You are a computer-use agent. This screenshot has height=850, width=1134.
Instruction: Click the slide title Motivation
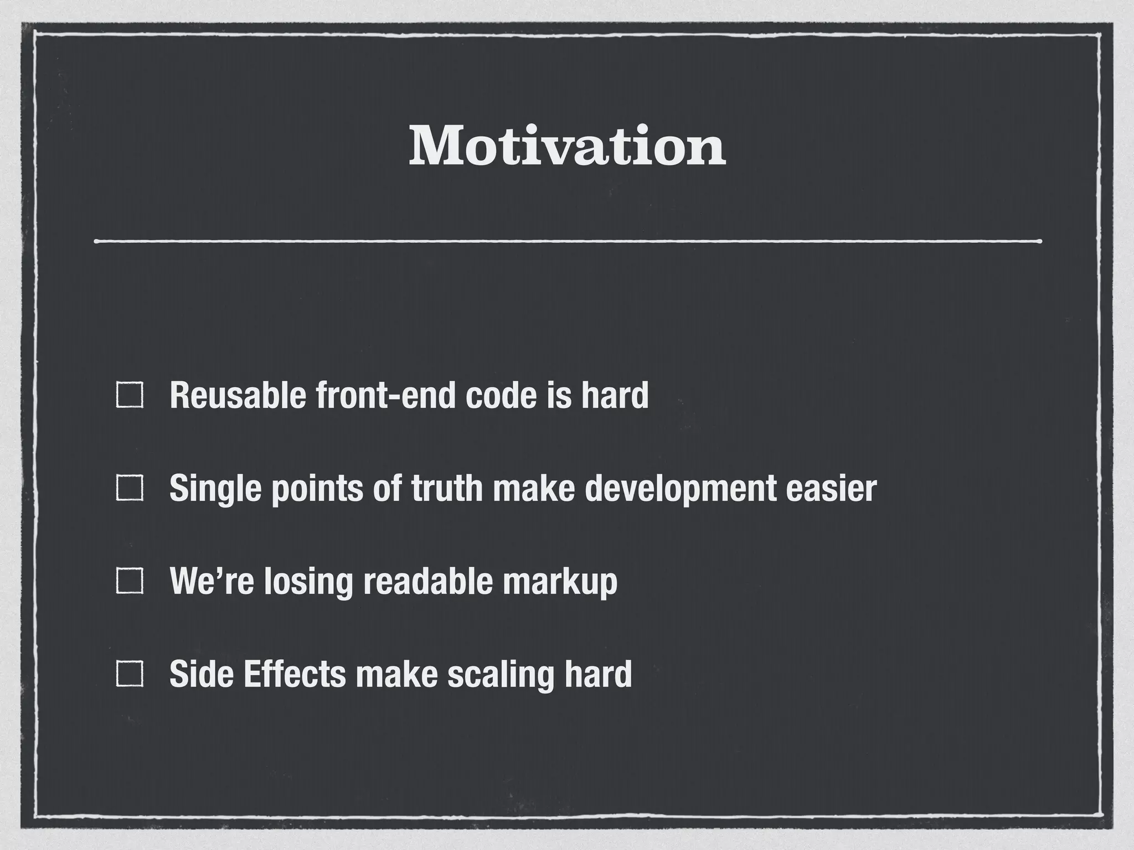(x=567, y=146)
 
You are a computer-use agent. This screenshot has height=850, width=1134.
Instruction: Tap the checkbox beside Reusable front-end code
(x=130, y=396)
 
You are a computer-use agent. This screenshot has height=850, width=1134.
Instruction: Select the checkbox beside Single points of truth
(x=130, y=489)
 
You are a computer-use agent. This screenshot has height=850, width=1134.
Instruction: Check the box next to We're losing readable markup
(x=130, y=582)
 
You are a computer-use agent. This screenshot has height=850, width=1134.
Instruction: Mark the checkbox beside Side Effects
(x=130, y=675)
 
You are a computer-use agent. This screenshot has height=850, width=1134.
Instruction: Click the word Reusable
(x=238, y=395)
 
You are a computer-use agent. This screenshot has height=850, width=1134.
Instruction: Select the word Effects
(x=295, y=674)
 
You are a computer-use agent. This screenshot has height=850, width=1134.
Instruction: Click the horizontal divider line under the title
(x=567, y=241)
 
